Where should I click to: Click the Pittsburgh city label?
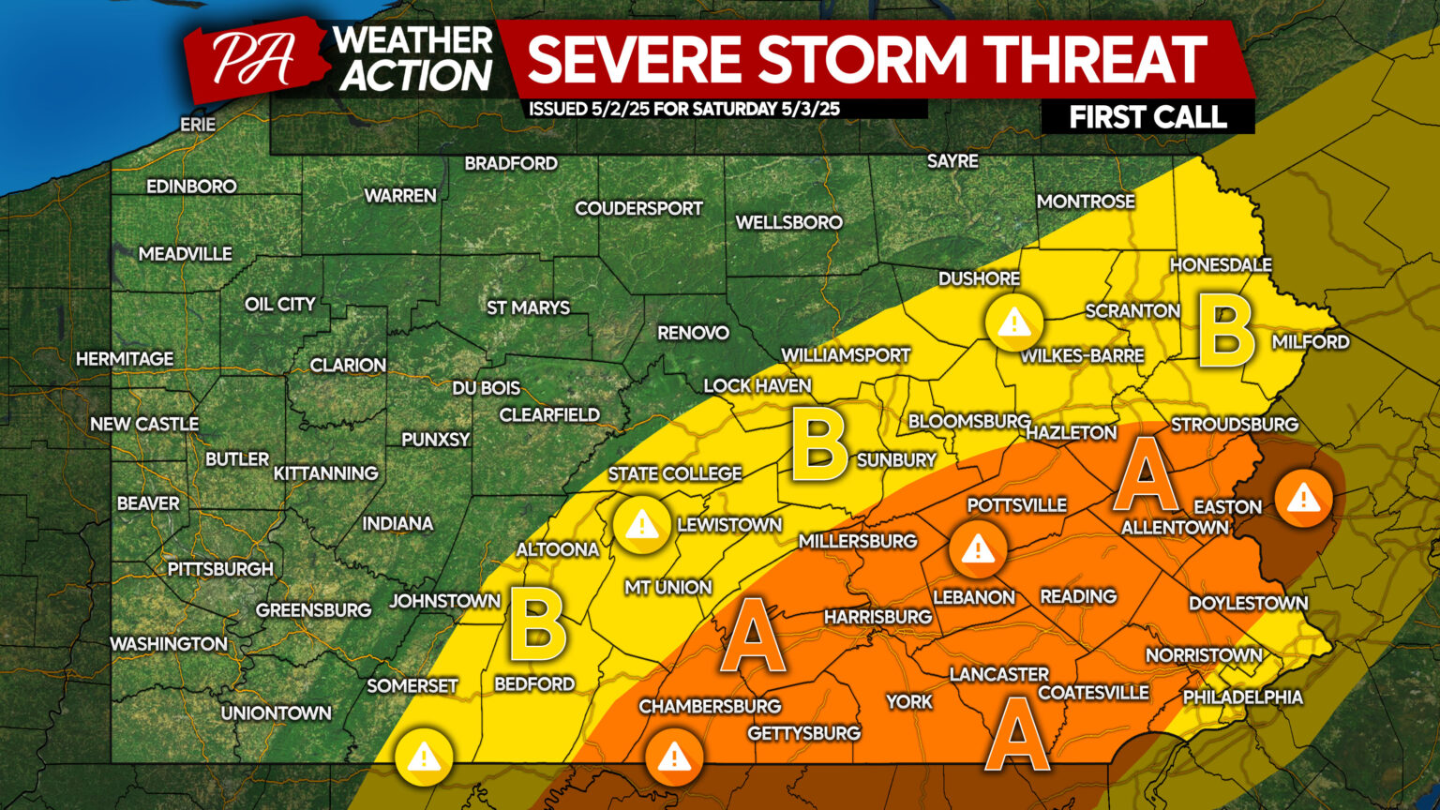[220, 569]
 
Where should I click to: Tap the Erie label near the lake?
[198, 125]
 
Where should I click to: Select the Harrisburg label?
[877, 617]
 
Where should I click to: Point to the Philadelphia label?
[1242, 697]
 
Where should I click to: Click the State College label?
[675, 474]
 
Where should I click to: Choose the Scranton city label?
[1132, 311]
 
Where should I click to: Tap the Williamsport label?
[846, 356]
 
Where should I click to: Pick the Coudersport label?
[638, 209]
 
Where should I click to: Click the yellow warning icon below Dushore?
[1013, 324]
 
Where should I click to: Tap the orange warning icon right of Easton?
[1303, 499]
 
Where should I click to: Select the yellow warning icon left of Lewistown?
[642, 525]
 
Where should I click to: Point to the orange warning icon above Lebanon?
[978, 548]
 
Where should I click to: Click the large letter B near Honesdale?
[1227, 334]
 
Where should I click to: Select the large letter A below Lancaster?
[1017, 733]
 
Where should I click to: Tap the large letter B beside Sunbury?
[819, 444]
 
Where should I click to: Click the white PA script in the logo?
[252, 60]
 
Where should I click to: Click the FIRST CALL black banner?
[1147, 117]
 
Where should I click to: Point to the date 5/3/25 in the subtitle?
[810, 109]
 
